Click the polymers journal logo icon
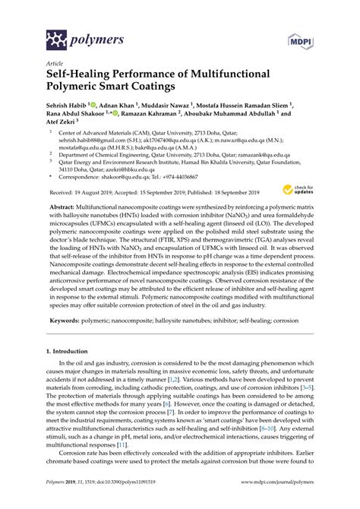click(x=55, y=36)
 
